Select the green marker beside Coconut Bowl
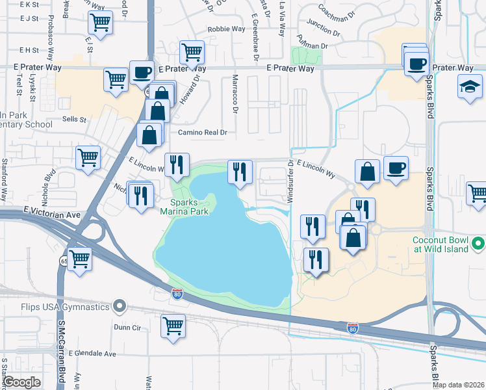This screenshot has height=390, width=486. coord(479,244)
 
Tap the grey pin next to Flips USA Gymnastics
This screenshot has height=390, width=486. coord(118,305)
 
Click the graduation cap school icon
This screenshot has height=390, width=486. coord(470,87)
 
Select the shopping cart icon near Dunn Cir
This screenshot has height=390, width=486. coord(173,326)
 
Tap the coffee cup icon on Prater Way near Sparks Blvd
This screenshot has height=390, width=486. coord(416,64)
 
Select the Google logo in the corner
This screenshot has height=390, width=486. coord(22,382)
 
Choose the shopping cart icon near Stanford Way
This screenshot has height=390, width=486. coord(88,157)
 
